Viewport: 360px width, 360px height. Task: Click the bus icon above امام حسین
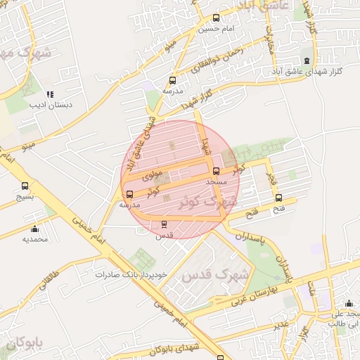tap(216, 18)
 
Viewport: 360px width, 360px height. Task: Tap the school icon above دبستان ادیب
tap(49, 94)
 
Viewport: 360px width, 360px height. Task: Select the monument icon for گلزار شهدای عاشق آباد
tap(306, 60)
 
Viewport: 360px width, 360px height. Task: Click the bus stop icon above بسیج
tap(25, 186)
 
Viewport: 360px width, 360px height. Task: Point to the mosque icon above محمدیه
tap(34, 229)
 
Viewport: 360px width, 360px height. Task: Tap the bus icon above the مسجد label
tap(216, 171)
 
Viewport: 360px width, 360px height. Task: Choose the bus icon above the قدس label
tap(165, 224)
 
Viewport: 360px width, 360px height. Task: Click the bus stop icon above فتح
tap(279, 198)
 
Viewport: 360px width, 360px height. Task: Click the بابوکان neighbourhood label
tap(21, 344)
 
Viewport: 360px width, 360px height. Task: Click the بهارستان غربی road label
tap(254, 295)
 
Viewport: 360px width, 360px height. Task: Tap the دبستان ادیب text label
tap(51, 105)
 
